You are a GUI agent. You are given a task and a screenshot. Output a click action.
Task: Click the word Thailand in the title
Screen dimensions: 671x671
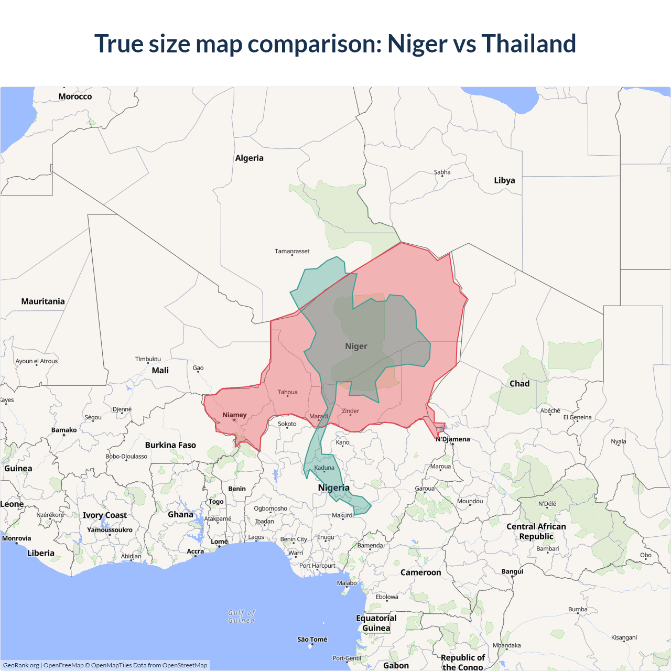tap(528, 44)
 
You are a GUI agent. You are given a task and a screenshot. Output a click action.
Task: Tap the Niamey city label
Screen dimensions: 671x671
tap(234, 415)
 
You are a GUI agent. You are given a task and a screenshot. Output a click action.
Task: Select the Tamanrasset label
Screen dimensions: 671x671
tap(292, 251)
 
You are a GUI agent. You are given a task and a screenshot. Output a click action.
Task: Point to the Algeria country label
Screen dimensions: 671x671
tap(249, 158)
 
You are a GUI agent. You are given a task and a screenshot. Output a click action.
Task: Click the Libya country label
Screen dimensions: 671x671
tap(504, 180)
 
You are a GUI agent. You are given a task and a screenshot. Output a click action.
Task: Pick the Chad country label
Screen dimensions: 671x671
tap(520, 384)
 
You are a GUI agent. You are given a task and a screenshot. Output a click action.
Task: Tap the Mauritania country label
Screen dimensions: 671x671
tap(43, 301)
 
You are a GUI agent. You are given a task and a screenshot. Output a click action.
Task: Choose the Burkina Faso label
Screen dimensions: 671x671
tap(170, 445)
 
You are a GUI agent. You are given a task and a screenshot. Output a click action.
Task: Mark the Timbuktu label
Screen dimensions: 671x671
tap(148, 359)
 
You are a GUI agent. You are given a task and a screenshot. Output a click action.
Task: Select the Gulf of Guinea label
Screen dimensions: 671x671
tap(241, 616)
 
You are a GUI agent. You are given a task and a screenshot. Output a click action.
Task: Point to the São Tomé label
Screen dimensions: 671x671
tap(312, 639)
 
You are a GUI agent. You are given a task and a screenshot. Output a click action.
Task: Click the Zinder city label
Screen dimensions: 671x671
tap(350, 411)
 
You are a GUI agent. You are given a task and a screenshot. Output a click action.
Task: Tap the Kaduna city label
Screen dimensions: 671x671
tap(324, 468)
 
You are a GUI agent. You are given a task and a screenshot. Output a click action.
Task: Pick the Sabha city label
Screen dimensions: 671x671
tap(442, 172)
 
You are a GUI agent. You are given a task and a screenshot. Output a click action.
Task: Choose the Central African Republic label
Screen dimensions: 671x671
tap(536, 532)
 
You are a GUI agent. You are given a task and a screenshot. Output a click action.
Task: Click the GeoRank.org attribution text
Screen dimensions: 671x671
tap(21, 665)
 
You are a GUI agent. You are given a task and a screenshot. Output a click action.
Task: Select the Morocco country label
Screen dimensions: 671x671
tap(75, 96)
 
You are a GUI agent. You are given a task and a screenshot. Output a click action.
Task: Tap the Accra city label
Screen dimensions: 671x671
tap(195, 551)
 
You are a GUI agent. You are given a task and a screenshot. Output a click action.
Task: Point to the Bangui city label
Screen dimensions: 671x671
tap(512, 571)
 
